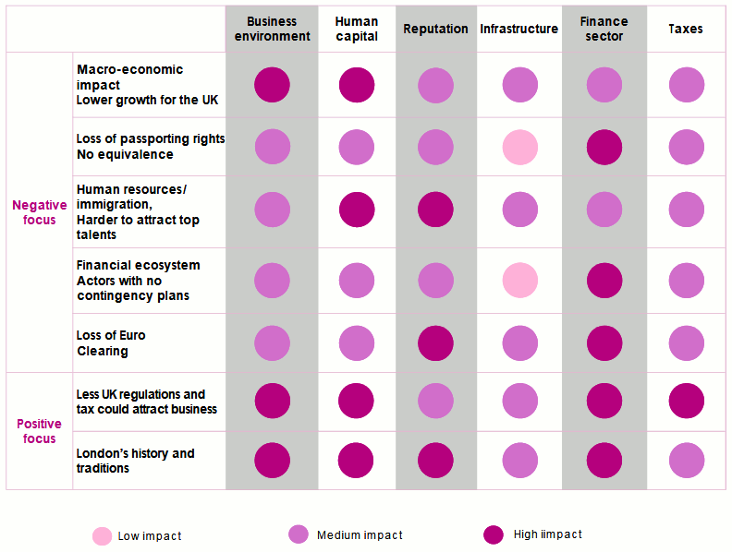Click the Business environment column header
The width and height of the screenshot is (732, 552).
[x=272, y=29]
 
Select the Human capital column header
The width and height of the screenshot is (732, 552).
[x=357, y=29]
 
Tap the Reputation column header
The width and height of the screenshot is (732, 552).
[x=435, y=29]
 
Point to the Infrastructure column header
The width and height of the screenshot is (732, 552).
[x=518, y=29]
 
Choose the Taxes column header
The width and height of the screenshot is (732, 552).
[x=685, y=29]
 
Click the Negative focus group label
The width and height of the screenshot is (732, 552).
[x=40, y=212]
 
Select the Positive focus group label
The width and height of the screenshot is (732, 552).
[x=40, y=431]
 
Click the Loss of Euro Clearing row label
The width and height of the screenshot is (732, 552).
[x=111, y=343]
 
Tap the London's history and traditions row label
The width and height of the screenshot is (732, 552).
[x=135, y=461]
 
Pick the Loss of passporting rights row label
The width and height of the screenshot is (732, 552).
[x=150, y=147]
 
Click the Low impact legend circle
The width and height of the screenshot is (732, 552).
[x=103, y=535]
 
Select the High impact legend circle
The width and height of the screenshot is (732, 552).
[x=494, y=535]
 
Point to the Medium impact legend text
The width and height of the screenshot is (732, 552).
[x=360, y=535]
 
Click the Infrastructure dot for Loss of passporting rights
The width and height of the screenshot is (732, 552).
[x=519, y=147]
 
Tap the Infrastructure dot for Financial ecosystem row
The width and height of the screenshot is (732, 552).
[x=519, y=280]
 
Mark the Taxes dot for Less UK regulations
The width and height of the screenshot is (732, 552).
[x=686, y=402]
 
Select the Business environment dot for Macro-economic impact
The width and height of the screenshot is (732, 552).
[x=272, y=85]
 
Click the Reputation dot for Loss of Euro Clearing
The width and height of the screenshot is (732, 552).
[x=435, y=342]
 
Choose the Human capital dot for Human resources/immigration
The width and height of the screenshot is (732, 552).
[x=357, y=210]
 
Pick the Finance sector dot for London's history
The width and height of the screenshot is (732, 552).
[x=604, y=461]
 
